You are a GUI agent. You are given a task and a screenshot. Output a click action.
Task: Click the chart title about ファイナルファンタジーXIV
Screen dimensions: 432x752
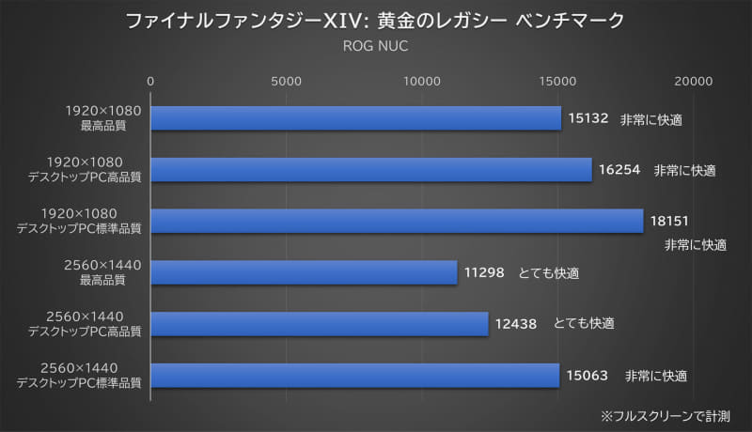coord(375,21)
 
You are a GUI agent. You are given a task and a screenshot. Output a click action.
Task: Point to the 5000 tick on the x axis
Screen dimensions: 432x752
coord(287,82)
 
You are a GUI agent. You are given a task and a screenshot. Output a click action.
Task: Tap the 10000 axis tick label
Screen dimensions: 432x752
coord(422,82)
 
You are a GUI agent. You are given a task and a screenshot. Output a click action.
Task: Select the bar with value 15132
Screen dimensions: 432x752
coord(355,118)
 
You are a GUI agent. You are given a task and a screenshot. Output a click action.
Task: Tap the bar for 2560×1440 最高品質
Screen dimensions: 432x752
coord(304,272)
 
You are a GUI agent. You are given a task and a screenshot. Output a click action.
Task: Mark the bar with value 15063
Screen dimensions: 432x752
coord(355,375)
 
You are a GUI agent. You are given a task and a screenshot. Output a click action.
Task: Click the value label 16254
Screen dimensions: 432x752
coord(619,170)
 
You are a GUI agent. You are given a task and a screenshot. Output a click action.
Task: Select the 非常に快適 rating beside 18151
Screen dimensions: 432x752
coord(696,245)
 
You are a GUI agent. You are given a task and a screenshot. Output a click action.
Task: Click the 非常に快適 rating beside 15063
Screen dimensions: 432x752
coord(656,376)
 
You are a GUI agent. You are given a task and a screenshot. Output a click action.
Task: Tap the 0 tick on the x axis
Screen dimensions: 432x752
coord(151,82)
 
